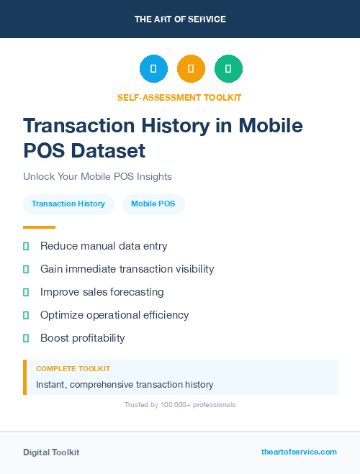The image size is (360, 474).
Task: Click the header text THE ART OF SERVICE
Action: pyautogui.click(x=180, y=19)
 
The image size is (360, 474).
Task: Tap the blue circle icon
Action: pyautogui.click(x=153, y=69)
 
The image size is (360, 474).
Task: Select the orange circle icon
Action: pyautogui.click(x=191, y=69)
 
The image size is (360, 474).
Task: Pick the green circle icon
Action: pyautogui.click(x=228, y=69)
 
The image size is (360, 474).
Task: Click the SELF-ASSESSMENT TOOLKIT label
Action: pyautogui.click(x=180, y=97)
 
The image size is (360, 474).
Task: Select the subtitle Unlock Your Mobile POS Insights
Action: pyautogui.click(x=97, y=176)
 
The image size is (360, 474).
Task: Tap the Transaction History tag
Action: pyautogui.click(x=68, y=204)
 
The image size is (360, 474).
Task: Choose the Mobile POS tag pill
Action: pyautogui.click(x=153, y=204)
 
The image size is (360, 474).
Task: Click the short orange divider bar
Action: pyautogui.click(x=39, y=227)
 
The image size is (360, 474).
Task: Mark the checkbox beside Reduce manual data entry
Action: pyautogui.click(x=26, y=247)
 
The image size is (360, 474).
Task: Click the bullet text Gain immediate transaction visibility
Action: pyautogui.click(x=127, y=269)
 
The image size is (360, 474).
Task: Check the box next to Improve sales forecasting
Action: pyautogui.click(x=26, y=293)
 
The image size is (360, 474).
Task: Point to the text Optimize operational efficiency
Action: pyautogui.click(x=114, y=315)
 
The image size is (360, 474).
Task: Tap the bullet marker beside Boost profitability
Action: pyautogui.click(x=26, y=338)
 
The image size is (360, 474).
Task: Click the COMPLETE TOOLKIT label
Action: pyautogui.click(x=73, y=368)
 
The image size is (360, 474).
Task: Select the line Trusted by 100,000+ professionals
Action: pyautogui.click(x=180, y=405)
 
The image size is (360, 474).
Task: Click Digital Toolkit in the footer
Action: pyautogui.click(x=51, y=452)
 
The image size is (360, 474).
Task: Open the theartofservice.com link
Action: pyautogui.click(x=299, y=452)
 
